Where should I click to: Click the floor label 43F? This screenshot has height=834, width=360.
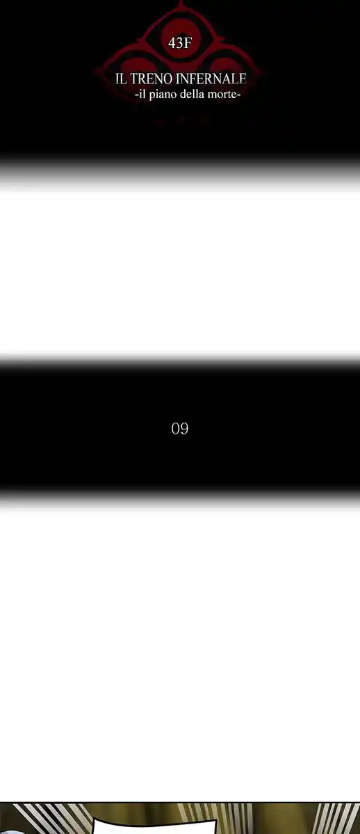[x=180, y=44]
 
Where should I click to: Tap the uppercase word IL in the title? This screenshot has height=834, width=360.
[x=121, y=79]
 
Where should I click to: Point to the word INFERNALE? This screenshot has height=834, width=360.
[x=211, y=79]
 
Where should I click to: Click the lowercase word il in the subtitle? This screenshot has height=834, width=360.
[x=142, y=95]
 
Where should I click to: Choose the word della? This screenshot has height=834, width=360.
[x=192, y=95]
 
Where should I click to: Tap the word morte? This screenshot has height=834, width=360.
[x=222, y=95]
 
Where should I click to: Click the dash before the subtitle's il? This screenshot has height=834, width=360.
[x=137, y=95]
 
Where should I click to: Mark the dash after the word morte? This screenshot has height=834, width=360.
[x=238, y=95]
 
